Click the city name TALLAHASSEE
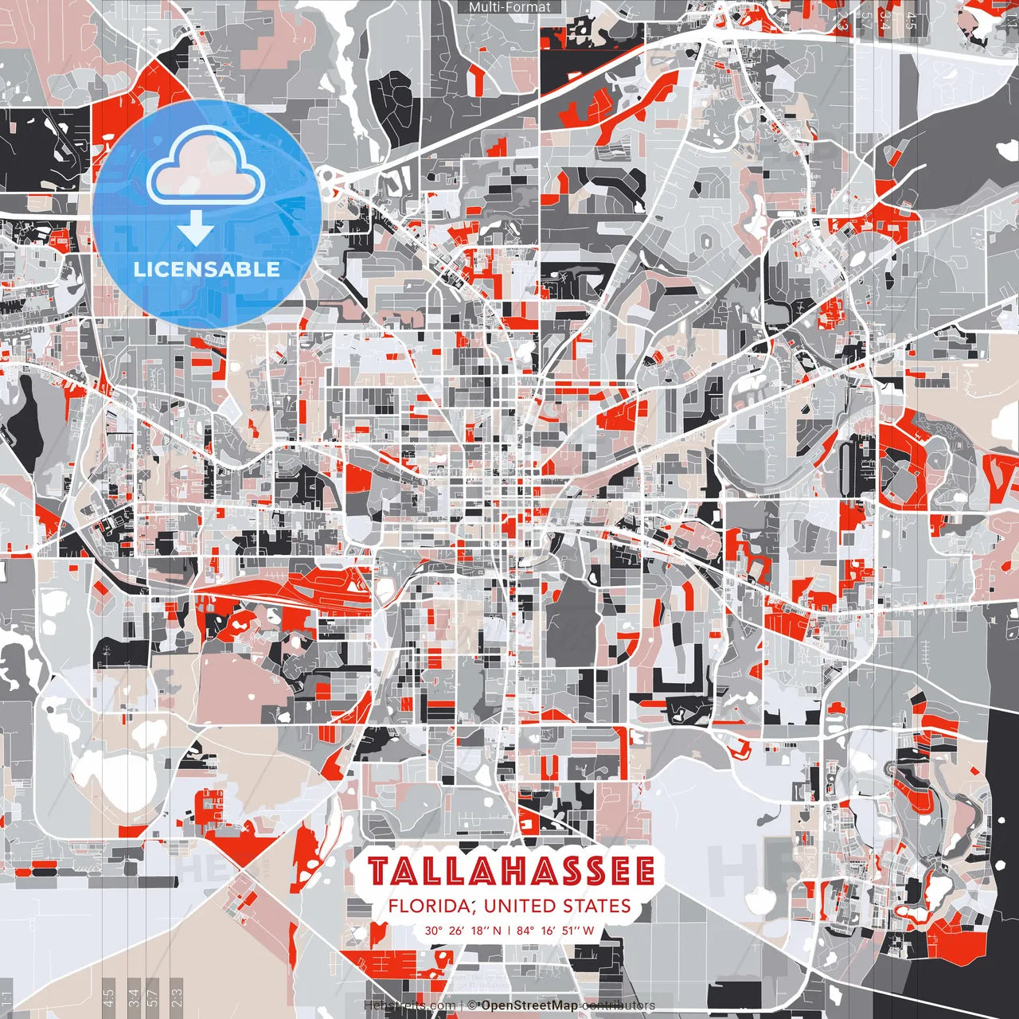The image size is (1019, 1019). point(511,872)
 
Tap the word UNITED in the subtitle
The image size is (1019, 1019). point(519,906)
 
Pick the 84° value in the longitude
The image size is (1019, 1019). point(525,930)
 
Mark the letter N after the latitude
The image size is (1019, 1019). point(497,930)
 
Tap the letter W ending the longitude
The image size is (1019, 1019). point(588,930)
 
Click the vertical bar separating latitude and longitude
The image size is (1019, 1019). point(509,930)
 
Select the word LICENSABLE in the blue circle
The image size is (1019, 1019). point(207,269)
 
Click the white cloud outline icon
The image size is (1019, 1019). point(206,165)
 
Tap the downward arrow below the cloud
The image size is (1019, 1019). point(195,228)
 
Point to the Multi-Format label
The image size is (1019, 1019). point(509,7)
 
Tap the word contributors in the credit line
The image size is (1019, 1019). point(619,1005)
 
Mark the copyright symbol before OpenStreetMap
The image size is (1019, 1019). point(471,1005)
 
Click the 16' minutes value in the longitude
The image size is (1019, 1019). point(548,930)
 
